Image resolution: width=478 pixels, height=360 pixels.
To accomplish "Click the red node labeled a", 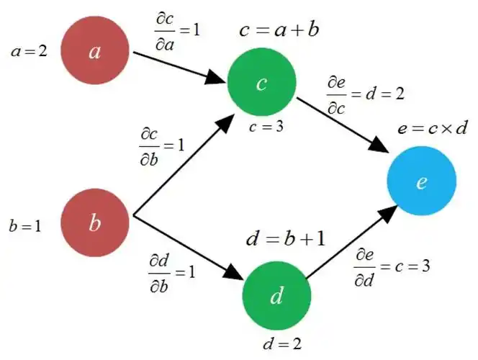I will pyautogui.click(x=94, y=53).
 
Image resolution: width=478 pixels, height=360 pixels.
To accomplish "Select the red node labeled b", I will pyautogui.click(x=94, y=222).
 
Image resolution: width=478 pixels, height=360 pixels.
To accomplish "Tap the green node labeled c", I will pyautogui.click(x=261, y=84).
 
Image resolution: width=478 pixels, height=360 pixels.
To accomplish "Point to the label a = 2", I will pyautogui.click(x=29, y=53).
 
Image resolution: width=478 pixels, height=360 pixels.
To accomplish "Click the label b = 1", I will pyautogui.click(x=25, y=225).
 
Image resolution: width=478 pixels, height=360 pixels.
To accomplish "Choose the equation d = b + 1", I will pyautogui.click(x=285, y=237).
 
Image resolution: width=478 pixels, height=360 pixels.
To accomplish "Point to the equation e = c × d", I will pyautogui.click(x=433, y=129).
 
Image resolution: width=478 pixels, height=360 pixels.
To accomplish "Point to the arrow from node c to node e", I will pyautogui.click(x=343, y=123).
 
